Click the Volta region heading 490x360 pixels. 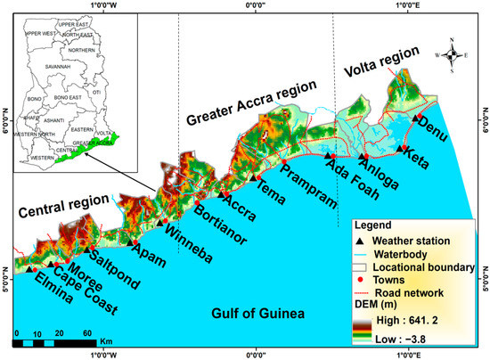380,63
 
